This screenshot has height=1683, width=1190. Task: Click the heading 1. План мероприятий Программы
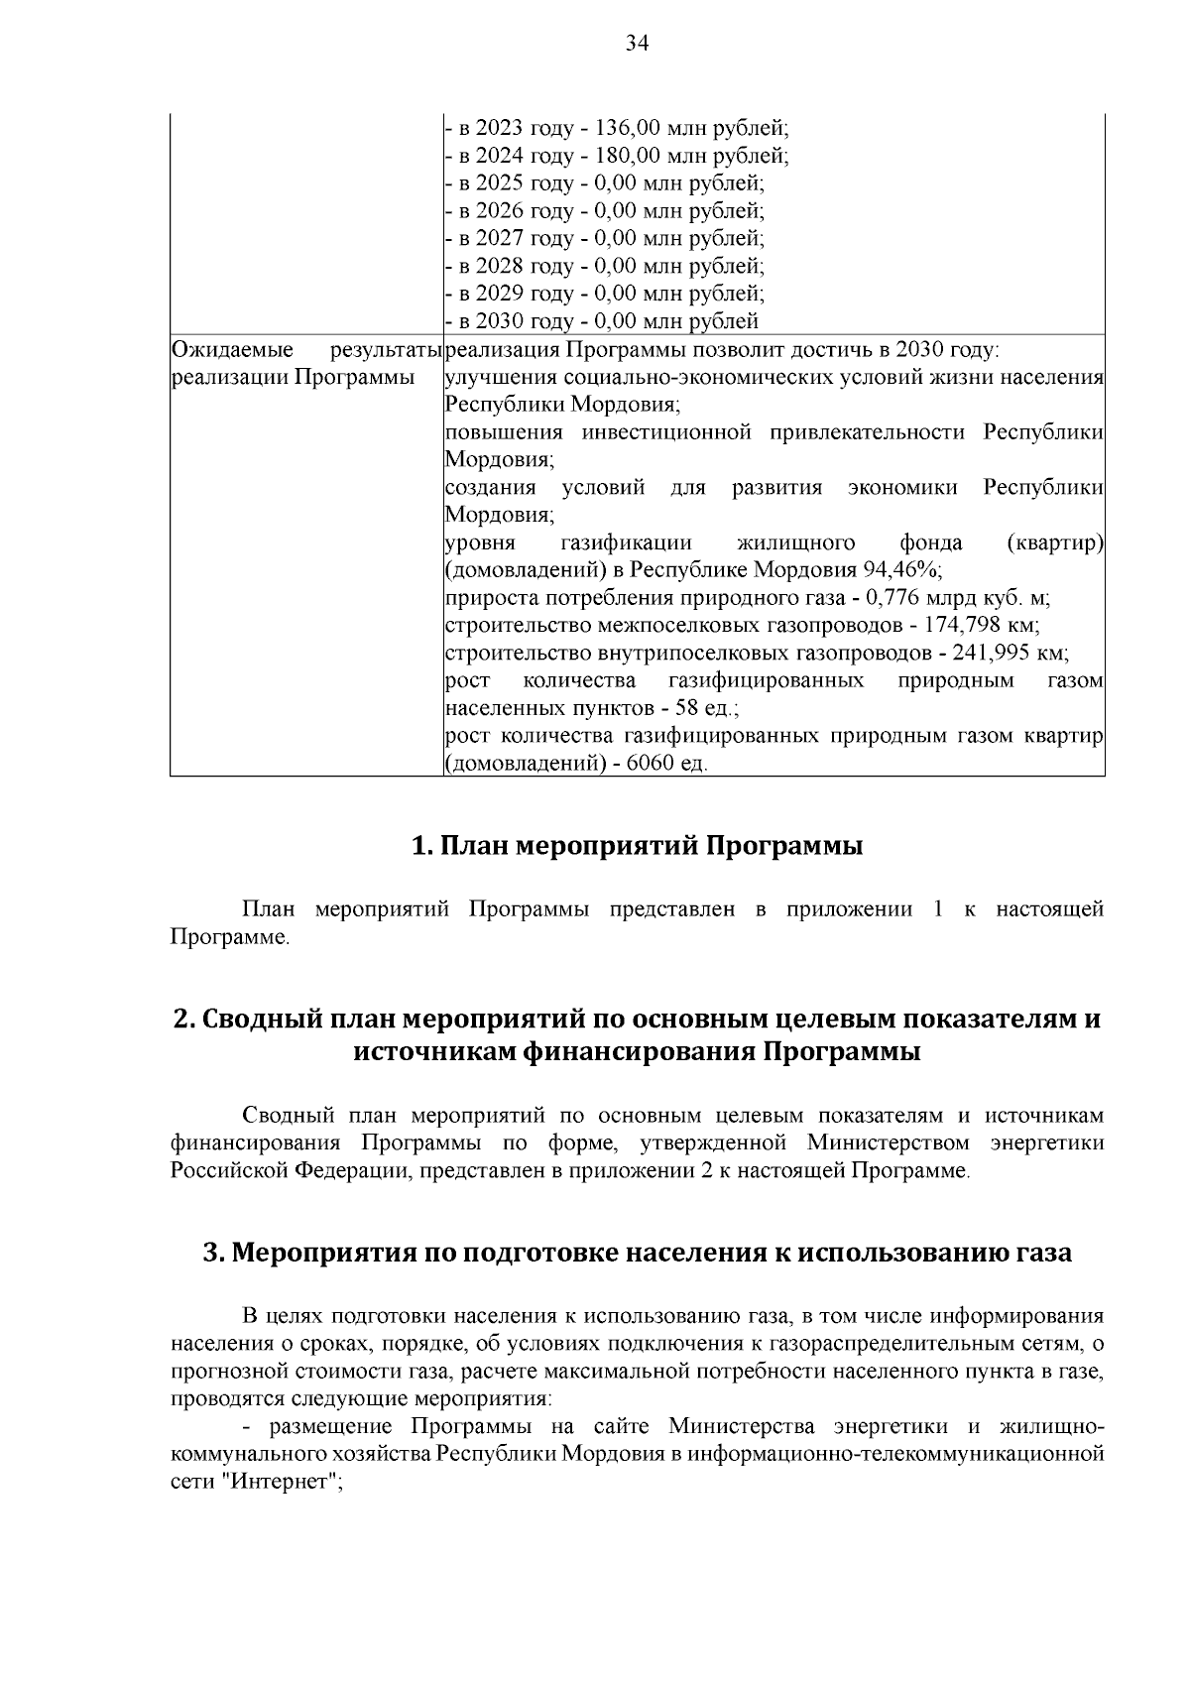click(637, 846)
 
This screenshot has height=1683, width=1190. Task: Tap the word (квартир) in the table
click(1054, 542)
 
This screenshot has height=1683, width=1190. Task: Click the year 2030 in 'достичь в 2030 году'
click(917, 349)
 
